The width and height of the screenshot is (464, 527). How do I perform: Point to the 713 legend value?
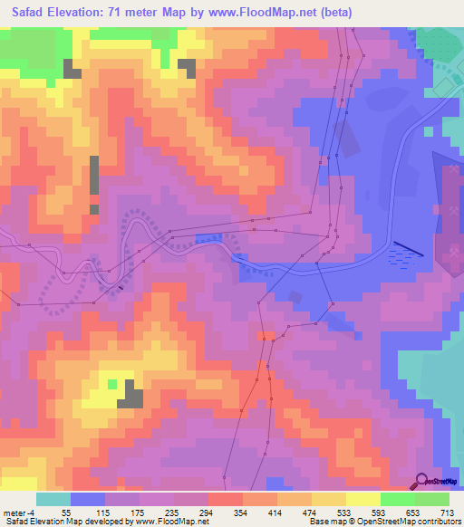coord(446,513)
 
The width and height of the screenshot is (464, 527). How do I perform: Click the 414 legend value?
coord(275,513)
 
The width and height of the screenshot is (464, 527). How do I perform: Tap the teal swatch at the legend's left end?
coord(53,499)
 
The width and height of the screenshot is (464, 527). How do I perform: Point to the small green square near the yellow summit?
coord(112,384)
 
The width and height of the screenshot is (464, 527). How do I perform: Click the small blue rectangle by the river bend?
coord(208,238)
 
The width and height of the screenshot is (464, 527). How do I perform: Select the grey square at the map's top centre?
coord(187,68)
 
